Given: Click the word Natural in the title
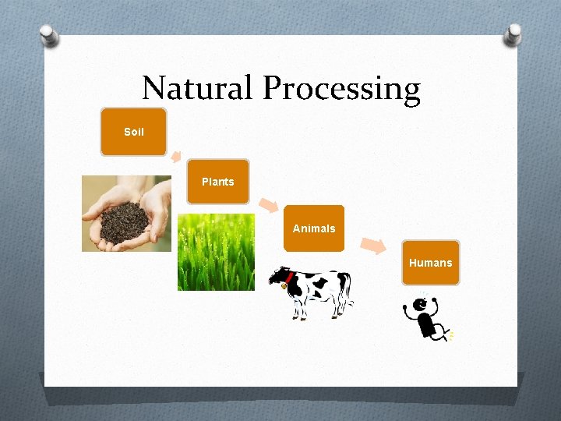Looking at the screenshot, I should [x=198, y=88].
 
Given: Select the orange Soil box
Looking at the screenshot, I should [x=133, y=132].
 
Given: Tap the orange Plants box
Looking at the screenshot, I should [x=217, y=182].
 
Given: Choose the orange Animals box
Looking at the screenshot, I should [x=313, y=228].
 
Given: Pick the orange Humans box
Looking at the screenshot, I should [x=430, y=263].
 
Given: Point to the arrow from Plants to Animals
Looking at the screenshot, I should [x=268, y=205].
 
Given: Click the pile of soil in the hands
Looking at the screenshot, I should [x=122, y=221].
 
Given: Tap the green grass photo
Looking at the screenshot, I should [x=216, y=252].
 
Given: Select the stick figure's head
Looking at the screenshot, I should [x=422, y=305].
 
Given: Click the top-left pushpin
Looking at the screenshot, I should [x=49, y=35].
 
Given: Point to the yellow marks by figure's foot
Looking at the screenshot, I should [x=450, y=335].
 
